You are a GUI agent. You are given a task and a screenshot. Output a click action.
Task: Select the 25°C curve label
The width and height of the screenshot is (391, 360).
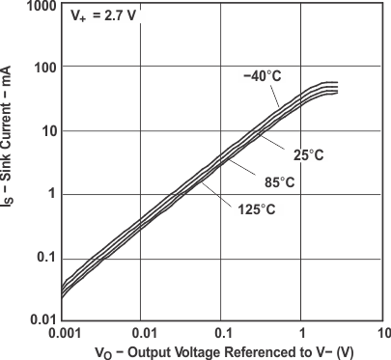pyautogui.click(x=308, y=155)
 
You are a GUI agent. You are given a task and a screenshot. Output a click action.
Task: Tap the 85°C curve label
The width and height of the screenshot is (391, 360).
pyautogui.click(x=279, y=181)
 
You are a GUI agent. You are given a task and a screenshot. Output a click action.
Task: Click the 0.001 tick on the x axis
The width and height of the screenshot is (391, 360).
pyautogui.click(x=61, y=332)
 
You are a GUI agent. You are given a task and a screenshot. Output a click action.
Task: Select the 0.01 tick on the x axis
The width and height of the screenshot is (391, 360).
pyautogui.click(x=141, y=332)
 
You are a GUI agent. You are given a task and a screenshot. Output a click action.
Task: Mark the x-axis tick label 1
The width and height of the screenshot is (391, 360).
pyautogui.click(x=302, y=332)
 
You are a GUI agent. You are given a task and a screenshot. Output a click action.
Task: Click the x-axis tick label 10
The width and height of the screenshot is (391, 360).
pyautogui.click(x=382, y=332)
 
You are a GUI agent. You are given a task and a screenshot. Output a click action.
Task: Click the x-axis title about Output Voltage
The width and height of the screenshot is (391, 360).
pyautogui.click(x=223, y=351)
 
